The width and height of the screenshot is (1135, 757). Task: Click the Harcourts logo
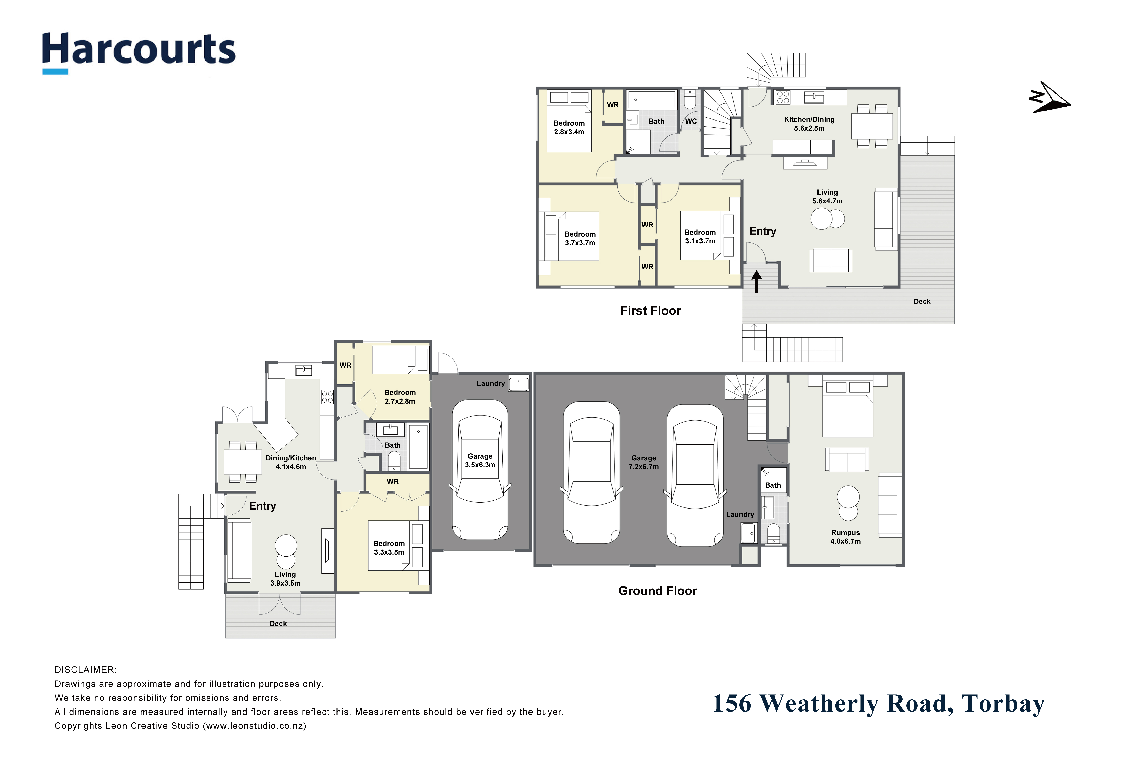pos(139,52)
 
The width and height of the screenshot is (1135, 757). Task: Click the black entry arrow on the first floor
pos(757,281)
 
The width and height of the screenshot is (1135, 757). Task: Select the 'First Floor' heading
pos(651,310)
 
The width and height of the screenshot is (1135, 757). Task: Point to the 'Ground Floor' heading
pos(658,591)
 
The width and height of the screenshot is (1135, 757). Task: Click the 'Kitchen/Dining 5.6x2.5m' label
pos(809,124)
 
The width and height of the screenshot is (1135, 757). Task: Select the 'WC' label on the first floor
pos(691,121)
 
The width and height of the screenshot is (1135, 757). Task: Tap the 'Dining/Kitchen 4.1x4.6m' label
pos(291,462)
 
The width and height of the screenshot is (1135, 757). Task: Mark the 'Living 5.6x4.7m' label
pos(827,197)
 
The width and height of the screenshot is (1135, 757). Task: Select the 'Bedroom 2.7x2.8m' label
pos(400,397)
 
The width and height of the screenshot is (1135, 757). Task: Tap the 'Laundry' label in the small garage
pos(491,383)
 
